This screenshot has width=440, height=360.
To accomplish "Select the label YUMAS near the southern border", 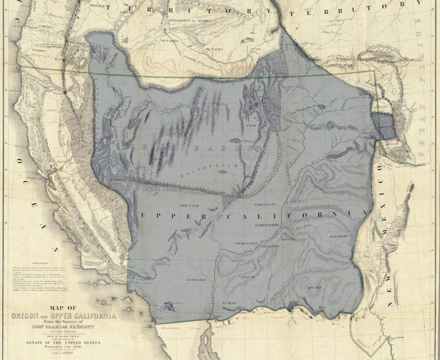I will (229, 303).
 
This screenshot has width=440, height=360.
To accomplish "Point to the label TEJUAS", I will (248, 277).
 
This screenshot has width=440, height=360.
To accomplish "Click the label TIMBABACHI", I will (265, 205).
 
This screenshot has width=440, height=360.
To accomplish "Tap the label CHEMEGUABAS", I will (247, 242).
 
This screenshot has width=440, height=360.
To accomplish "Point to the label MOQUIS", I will (288, 239).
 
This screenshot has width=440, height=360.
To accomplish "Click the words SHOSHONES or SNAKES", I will (190, 20).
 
